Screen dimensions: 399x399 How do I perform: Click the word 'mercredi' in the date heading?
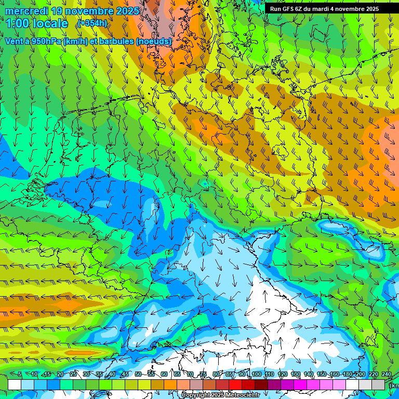coord(26,11)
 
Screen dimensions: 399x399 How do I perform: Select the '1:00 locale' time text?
coord(36,23)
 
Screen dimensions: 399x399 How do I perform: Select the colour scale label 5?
coord(20,375)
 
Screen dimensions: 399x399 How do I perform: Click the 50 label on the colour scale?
coord(138,375)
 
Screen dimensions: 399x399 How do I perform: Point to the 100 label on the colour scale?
coord(256,375)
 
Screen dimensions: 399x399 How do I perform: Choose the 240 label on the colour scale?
coord(387,375)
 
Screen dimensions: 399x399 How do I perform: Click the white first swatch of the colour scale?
coord(15,384)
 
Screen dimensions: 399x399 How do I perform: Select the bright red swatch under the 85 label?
coord(235,384)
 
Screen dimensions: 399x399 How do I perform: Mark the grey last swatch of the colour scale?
coord(378,384)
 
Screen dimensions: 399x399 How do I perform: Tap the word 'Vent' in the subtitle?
coord(15,41)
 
